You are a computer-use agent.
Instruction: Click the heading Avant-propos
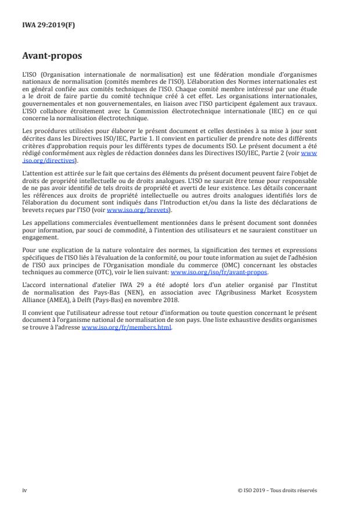click(52, 56)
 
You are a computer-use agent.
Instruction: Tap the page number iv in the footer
click(24, 490)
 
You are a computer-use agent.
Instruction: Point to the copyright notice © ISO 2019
click(278, 490)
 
